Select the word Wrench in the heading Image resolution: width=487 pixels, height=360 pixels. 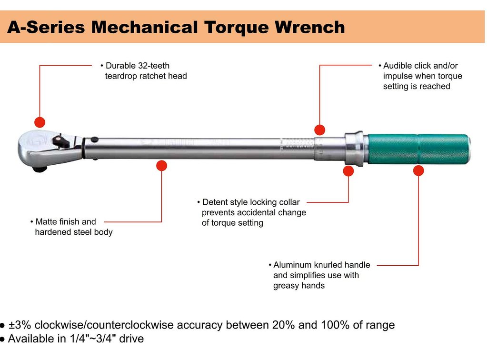click(x=309, y=27)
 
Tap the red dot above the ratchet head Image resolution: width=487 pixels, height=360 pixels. click(x=40, y=122)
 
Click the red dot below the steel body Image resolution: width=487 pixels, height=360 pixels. click(x=161, y=166)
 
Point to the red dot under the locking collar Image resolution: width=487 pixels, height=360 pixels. click(x=348, y=171)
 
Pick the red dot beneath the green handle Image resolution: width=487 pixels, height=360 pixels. click(x=418, y=170)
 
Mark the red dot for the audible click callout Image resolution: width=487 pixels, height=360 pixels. click(x=319, y=130)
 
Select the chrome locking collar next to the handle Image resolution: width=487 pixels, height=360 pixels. click(x=354, y=149)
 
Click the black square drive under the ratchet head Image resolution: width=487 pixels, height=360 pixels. click(x=40, y=169)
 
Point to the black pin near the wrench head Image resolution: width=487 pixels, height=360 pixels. click(x=94, y=140)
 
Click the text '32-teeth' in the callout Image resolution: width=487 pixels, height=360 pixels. click(x=154, y=66)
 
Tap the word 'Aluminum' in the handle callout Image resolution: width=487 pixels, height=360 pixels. click(x=293, y=265)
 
